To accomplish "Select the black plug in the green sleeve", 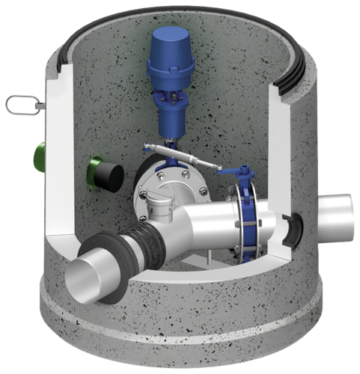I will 112,175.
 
